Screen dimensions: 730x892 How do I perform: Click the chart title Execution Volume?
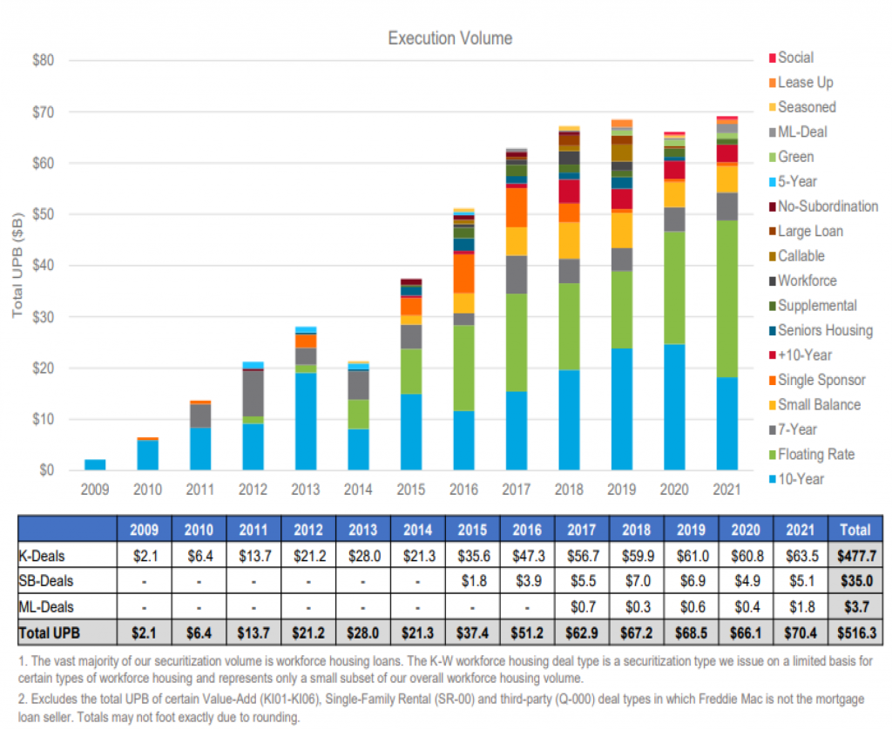(449, 38)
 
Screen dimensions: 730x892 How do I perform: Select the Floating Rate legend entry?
(815, 454)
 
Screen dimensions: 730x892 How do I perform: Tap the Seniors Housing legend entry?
(824, 330)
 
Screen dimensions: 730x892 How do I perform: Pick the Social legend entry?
(795, 57)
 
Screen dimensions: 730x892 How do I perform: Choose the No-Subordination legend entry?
(828, 206)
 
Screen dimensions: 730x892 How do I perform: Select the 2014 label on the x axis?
(359, 490)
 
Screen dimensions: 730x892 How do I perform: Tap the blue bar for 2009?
(96, 464)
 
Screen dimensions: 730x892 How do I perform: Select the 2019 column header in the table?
(691, 528)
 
